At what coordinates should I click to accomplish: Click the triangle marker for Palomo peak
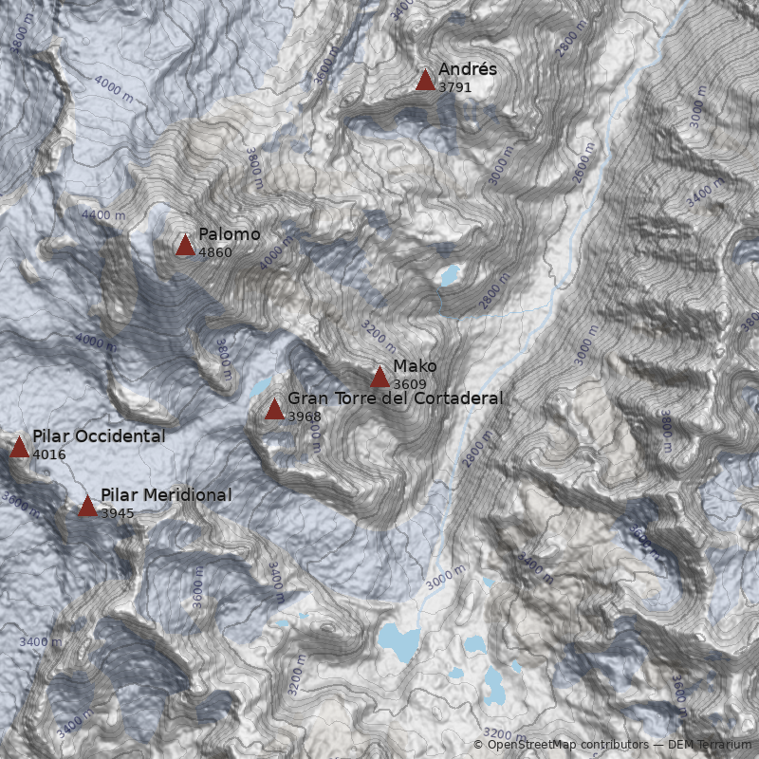[185, 246]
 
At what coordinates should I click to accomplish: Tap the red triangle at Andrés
[425, 80]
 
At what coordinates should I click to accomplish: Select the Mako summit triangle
[379, 377]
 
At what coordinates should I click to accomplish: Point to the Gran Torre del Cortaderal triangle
[274, 409]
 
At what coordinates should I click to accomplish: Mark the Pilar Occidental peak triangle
[19, 447]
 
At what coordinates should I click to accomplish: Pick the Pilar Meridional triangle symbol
[87, 506]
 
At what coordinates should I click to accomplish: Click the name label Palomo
[229, 234]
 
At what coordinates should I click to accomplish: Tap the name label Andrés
[467, 69]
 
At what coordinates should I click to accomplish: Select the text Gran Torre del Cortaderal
[395, 398]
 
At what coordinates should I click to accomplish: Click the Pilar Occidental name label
[99, 435]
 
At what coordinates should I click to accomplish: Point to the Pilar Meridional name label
[166, 494]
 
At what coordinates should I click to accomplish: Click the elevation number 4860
[214, 252]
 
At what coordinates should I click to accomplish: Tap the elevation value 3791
[454, 86]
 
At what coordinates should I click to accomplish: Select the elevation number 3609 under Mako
[409, 383]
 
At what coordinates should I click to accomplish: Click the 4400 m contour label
[103, 215]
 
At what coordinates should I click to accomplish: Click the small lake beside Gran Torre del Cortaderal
[259, 387]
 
